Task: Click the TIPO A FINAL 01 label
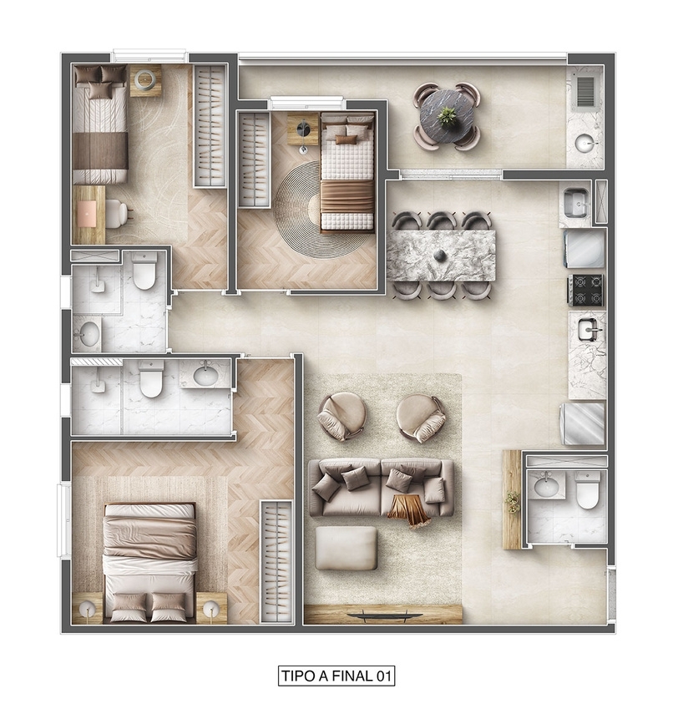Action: (x=336, y=675)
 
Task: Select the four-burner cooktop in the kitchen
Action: (x=585, y=290)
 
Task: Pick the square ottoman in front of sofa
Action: (x=346, y=548)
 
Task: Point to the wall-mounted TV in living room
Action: (x=384, y=615)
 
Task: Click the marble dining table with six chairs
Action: (x=441, y=254)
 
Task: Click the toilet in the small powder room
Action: (x=587, y=492)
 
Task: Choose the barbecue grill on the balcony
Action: (x=585, y=90)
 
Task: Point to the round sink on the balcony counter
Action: (x=586, y=143)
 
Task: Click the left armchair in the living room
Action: (x=342, y=415)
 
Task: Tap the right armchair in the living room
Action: (x=421, y=417)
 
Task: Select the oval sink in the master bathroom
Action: (x=205, y=374)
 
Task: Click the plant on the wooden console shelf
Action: (x=512, y=500)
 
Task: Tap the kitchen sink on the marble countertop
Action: (x=589, y=331)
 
